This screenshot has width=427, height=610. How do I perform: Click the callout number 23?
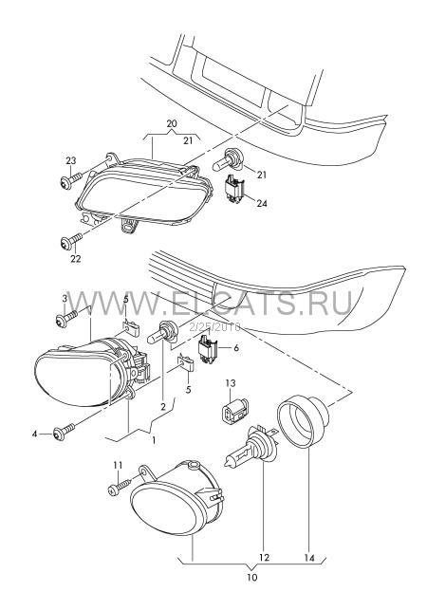[x=70, y=160]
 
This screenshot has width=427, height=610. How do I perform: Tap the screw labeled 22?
[x=71, y=241]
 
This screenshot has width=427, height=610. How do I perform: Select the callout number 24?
[x=262, y=203]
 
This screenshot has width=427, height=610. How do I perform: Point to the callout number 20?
[x=171, y=123]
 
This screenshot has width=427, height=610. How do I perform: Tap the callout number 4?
[x=35, y=433]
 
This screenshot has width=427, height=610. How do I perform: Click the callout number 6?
[x=236, y=347]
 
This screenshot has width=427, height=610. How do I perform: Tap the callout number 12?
[x=264, y=558]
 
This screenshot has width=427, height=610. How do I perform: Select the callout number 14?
[x=309, y=558]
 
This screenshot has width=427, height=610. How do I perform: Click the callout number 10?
[x=251, y=577]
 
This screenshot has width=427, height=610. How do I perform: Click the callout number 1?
[x=154, y=440]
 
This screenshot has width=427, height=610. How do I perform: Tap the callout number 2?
[x=162, y=407]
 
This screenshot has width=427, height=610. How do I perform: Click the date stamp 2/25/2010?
[x=214, y=327]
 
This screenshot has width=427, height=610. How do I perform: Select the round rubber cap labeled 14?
[x=303, y=420]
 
